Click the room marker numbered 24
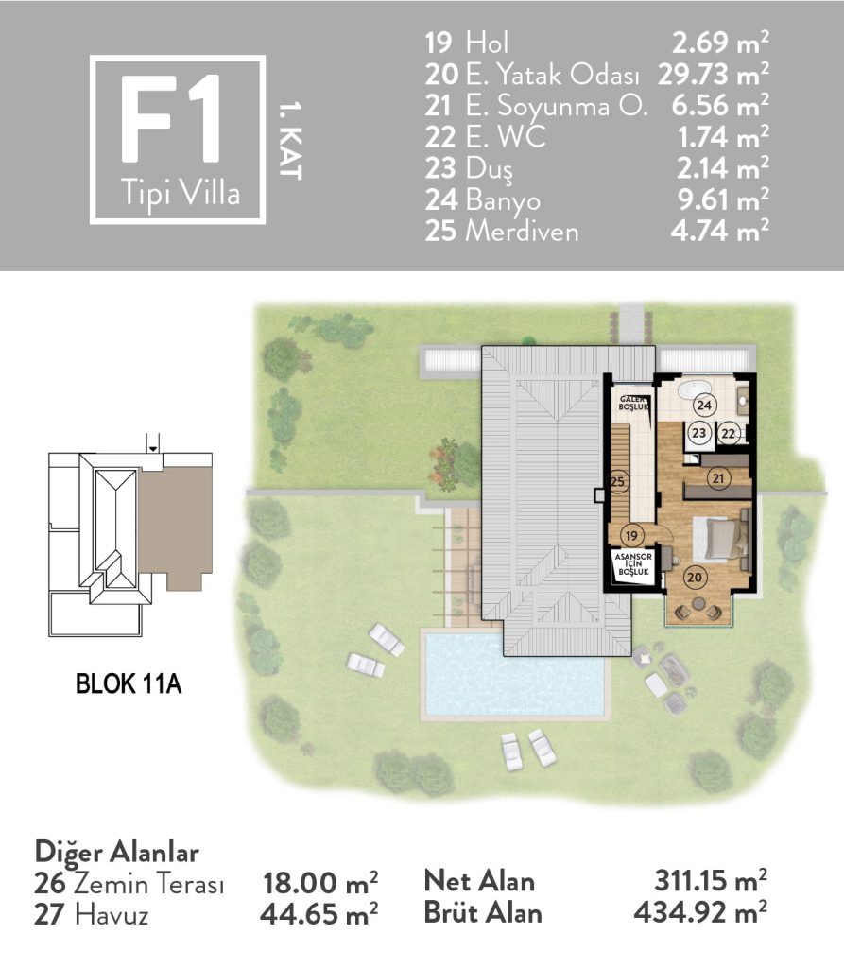click(704, 405)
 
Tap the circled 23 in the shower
click(698, 433)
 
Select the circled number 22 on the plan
click(729, 433)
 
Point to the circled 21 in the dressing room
click(718, 477)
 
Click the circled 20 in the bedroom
click(695, 578)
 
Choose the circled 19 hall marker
click(631, 535)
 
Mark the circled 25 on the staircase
click(617, 481)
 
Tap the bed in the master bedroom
click(722, 539)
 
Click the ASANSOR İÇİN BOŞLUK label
click(633, 564)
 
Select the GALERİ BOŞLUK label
click(634, 404)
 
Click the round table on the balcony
click(698, 603)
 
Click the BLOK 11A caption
click(129, 684)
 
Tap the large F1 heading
click(170, 118)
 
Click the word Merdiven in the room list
click(522, 232)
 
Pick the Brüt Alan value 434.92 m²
click(700, 912)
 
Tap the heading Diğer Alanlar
click(116, 853)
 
